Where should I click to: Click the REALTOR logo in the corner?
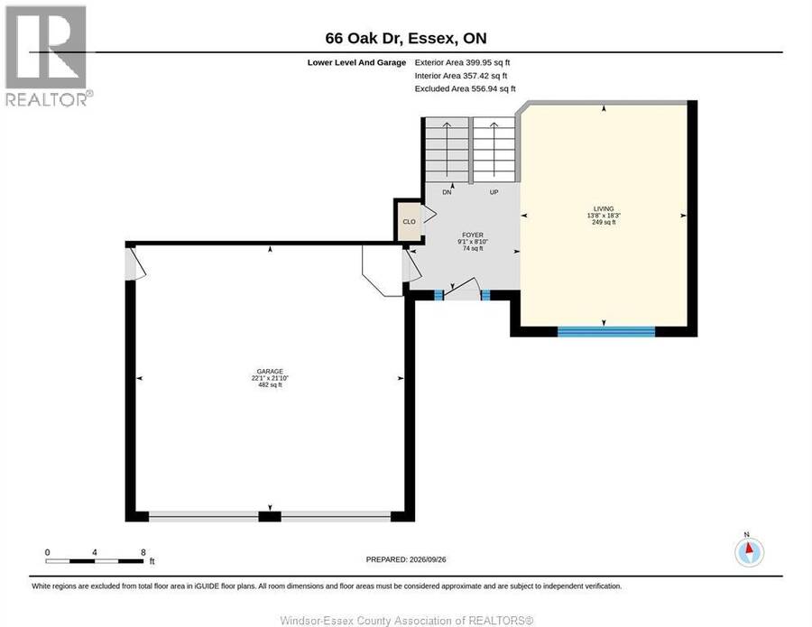click(x=49, y=56)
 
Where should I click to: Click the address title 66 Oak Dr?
click(x=364, y=38)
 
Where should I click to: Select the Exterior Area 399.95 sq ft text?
click(x=462, y=62)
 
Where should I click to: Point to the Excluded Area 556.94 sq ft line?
click(x=465, y=88)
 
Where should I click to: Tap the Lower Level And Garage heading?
click(x=356, y=62)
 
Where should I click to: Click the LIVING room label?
click(x=604, y=208)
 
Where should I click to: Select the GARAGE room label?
click(x=270, y=371)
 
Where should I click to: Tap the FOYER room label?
click(x=473, y=235)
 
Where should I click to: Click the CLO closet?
click(x=409, y=222)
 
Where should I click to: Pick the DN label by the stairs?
click(x=447, y=192)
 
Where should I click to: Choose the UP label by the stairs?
click(x=494, y=192)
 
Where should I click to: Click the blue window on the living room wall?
click(x=606, y=331)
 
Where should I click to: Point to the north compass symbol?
click(x=749, y=551)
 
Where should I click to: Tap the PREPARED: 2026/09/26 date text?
click(x=406, y=559)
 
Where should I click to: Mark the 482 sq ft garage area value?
click(x=270, y=384)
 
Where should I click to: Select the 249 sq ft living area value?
click(x=604, y=222)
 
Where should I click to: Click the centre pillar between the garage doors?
click(x=270, y=516)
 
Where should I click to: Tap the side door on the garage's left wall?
click(x=134, y=264)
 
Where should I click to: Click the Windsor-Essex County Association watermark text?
click(x=407, y=621)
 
